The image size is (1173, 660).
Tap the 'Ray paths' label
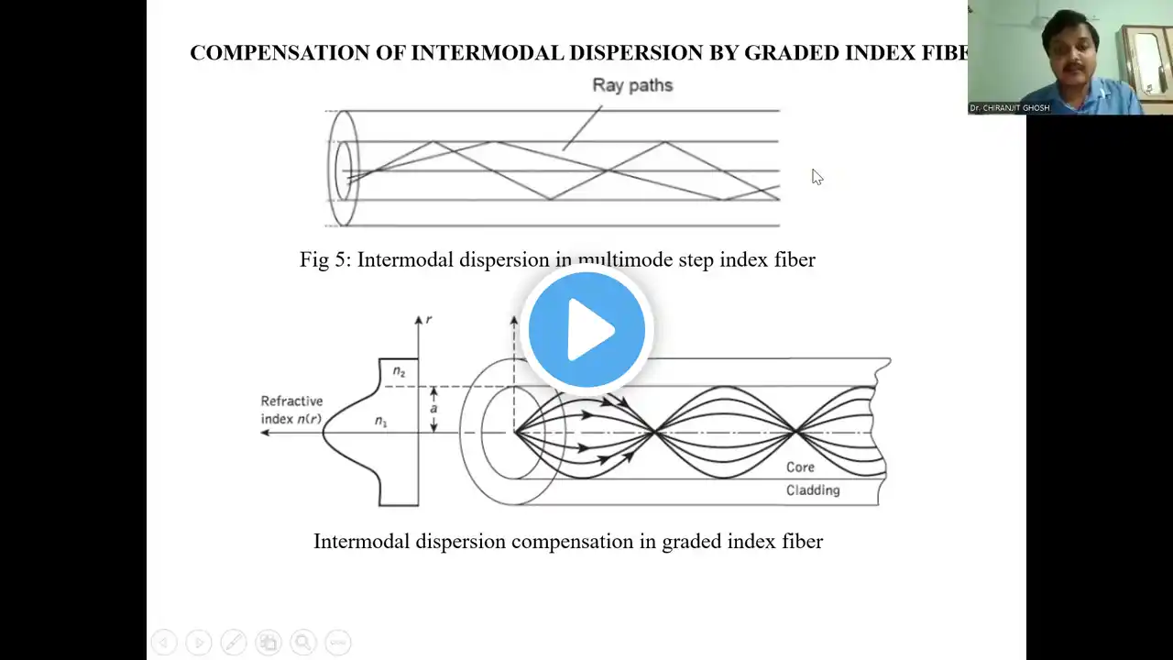coord(632,85)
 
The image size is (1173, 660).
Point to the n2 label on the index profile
coord(399,371)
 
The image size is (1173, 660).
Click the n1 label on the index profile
coord(381,421)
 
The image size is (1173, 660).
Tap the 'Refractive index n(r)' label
coord(291,410)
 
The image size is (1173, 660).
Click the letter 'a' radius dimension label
coord(433,409)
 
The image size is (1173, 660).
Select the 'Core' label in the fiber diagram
coord(800,467)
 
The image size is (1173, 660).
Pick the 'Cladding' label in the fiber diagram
coord(813,490)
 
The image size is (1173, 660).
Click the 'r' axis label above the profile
coord(429,320)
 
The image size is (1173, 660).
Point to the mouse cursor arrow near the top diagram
coord(816,176)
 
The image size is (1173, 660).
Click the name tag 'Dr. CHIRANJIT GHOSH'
coord(1010,108)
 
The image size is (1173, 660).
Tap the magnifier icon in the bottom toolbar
coord(302,642)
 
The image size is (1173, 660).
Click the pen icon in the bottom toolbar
coord(233,642)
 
